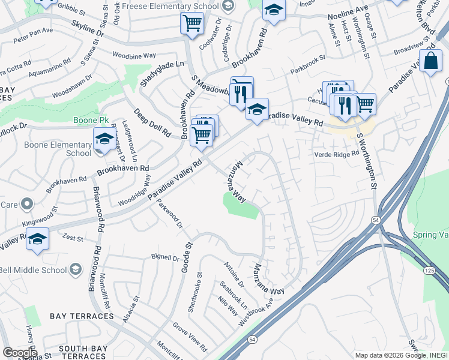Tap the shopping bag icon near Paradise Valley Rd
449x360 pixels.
(x=430, y=61)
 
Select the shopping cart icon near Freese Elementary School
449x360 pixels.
(x=191, y=24)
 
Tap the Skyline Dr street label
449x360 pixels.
(x=88, y=27)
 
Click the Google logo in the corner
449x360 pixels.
(x=19, y=353)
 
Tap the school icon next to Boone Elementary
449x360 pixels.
(x=104, y=140)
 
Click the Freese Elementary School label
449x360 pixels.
(x=170, y=6)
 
